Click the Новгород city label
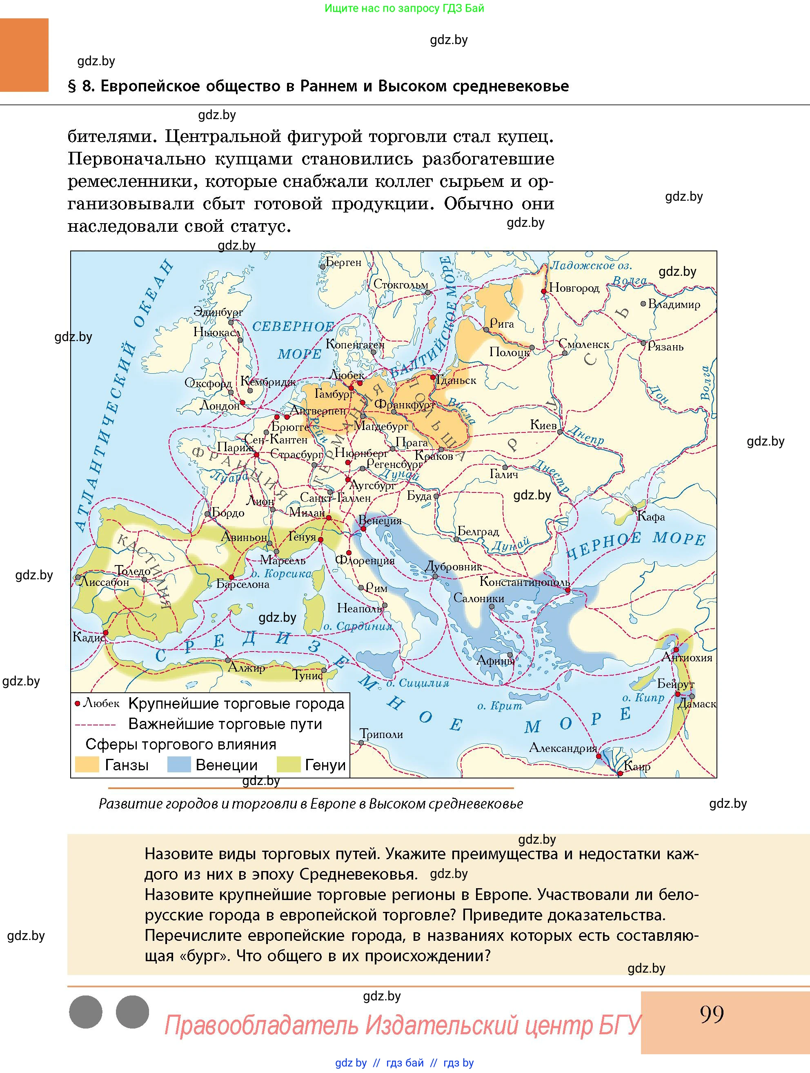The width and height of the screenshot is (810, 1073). [574, 288]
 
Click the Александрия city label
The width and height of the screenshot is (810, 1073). [563, 747]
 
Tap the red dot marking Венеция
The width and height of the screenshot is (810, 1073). [363, 529]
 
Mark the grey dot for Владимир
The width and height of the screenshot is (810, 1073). [643, 304]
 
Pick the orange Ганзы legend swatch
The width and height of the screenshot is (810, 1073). [87, 765]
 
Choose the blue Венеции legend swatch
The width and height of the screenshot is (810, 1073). [179, 765]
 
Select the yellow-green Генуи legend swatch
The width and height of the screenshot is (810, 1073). [288, 765]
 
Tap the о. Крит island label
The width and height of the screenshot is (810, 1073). [499, 706]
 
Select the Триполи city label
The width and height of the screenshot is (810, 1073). [381, 734]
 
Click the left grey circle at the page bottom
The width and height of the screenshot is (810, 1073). [86, 1012]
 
